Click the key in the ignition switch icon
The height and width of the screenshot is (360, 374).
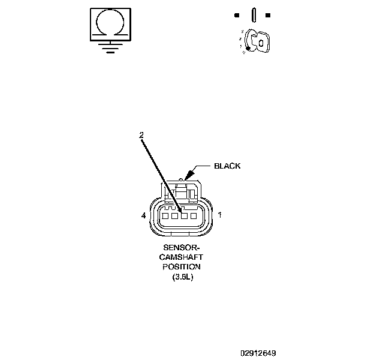click(258, 41)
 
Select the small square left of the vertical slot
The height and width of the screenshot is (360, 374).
click(237, 14)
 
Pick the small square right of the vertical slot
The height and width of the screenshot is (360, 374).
click(267, 14)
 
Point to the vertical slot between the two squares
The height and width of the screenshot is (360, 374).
click(253, 14)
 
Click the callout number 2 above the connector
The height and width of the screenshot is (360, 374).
click(141, 136)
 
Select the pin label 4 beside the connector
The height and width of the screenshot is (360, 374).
click(144, 215)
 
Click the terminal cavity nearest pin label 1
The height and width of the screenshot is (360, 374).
click(194, 216)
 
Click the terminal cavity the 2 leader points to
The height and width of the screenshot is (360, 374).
click(185, 216)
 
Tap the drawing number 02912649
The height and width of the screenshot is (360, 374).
click(258, 353)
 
